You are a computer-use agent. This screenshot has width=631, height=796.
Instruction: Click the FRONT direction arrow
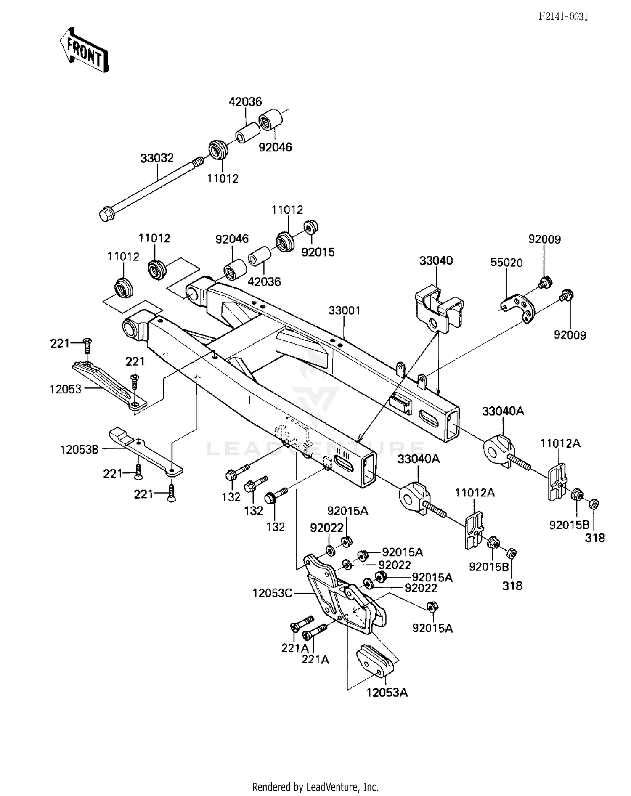[x=84, y=50]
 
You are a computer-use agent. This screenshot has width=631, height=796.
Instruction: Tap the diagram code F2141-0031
[x=563, y=16]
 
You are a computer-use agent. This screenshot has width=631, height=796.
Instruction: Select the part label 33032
[x=156, y=158]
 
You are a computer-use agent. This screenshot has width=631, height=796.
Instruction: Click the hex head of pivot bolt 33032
[x=106, y=215]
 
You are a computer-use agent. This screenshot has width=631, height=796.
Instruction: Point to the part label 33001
[x=344, y=310]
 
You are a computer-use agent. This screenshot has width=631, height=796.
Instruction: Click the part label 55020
[x=506, y=263]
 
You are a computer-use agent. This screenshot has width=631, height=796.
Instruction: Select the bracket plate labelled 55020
[x=518, y=308]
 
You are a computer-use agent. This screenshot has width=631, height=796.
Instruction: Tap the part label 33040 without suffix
[x=436, y=261]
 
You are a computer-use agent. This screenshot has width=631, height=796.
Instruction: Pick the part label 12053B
[x=79, y=449]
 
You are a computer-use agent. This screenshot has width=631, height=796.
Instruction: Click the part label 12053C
[x=272, y=593]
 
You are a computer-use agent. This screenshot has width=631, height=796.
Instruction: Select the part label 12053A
[x=387, y=693]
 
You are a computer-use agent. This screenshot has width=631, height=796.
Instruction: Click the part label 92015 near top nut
[x=318, y=252]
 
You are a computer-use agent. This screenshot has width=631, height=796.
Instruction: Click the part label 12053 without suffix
[x=65, y=389]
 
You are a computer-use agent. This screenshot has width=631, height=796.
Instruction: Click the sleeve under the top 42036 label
[x=247, y=132]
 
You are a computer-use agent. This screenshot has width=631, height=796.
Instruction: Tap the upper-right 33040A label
[x=503, y=411]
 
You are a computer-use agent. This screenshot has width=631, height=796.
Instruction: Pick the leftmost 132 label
[x=231, y=497]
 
